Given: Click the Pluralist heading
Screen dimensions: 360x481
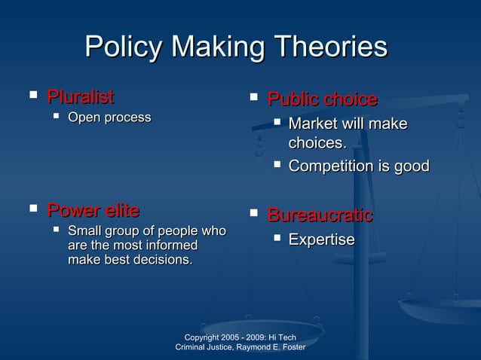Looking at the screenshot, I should click(81, 96).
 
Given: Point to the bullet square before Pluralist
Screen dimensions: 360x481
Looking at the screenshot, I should click(32, 96).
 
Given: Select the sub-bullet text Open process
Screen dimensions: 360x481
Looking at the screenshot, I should click(109, 117).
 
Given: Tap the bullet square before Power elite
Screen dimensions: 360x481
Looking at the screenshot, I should click(32, 208).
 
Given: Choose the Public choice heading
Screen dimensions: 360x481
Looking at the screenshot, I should click(323, 99).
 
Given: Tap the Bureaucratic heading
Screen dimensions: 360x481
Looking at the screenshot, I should click(320, 216).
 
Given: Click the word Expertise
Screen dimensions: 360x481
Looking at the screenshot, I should click(322, 239).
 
